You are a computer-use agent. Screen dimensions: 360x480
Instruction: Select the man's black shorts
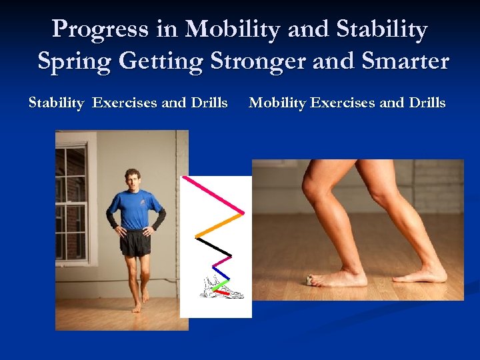[135, 243]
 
